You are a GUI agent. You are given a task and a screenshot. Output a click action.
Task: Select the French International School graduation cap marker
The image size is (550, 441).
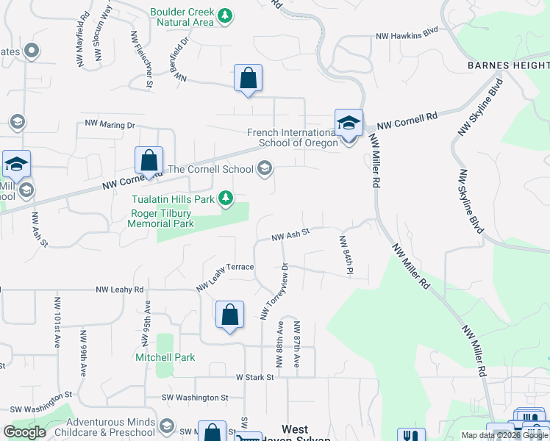click(x=349, y=123)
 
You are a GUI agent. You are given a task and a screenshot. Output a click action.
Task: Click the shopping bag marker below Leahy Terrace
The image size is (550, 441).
click(x=229, y=315)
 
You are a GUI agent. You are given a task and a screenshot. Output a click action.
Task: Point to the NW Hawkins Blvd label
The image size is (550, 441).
click(x=407, y=34)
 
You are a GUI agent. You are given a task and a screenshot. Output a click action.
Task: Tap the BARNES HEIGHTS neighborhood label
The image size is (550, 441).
click(x=508, y=65)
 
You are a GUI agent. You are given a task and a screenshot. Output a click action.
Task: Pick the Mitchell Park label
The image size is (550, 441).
click(x=165, y=357)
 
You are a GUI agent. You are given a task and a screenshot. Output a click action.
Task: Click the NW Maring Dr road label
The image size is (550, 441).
click(x=110, y=124)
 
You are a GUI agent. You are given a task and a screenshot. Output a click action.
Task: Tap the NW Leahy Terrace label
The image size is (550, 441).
click(x=225, y=276)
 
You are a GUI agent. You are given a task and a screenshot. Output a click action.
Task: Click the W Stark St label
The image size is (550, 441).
click(x=254, y=377)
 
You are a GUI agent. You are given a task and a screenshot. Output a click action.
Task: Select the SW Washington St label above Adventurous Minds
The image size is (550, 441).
click(x=195, y=398)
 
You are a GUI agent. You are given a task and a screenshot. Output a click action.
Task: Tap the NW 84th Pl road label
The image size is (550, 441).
click(x=344, y=255)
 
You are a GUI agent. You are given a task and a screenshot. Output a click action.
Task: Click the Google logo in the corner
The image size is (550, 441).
click(x=24, y=432)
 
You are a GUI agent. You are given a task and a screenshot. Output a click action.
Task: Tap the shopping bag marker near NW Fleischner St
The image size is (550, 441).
click(x=249, y=79)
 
